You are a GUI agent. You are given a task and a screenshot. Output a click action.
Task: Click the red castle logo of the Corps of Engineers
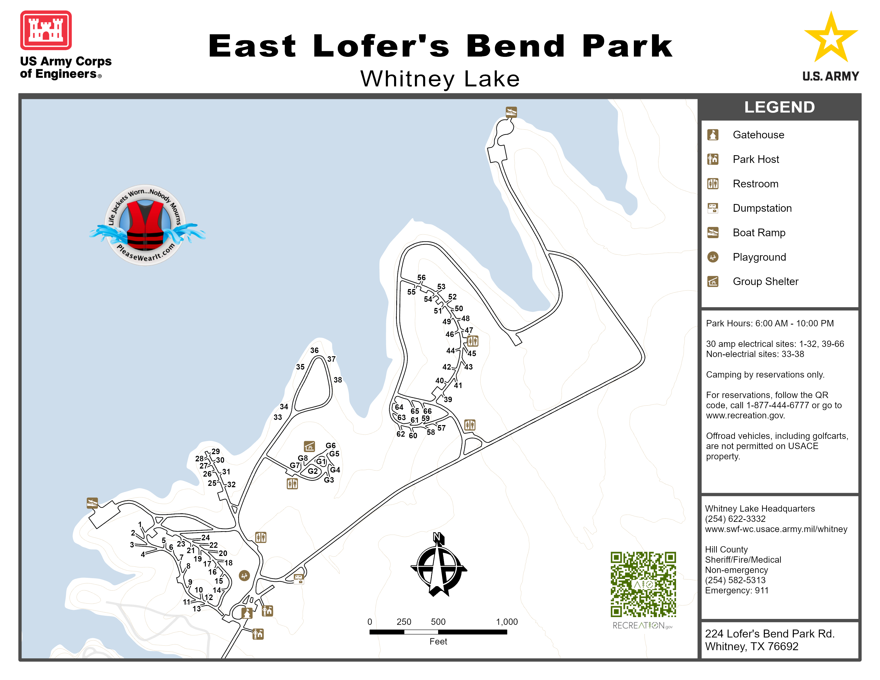click(46, 30)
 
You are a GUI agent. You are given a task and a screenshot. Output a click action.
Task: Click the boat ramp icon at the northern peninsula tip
click(511, 112)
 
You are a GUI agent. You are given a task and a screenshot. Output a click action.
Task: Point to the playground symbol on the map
click(244, 575)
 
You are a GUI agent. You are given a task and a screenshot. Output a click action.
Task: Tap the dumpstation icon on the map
click(299, 579)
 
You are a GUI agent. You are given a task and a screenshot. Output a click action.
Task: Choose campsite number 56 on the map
click(421, 278)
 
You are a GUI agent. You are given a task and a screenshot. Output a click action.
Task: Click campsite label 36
click(314, 350)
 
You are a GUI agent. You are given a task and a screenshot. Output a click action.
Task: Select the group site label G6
click(330, 446)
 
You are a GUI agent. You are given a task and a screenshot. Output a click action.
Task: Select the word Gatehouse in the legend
click(758, 135)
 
